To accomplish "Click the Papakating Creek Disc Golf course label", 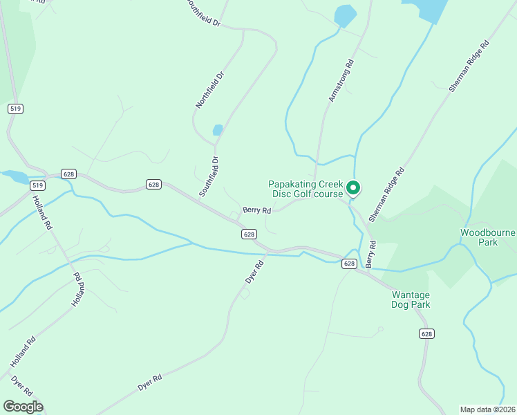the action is coord(305,189).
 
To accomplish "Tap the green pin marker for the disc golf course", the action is coord(352,188).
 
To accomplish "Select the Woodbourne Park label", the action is coord(488,238).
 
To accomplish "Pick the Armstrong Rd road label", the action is coord(341,81).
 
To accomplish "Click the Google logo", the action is coord(23,406).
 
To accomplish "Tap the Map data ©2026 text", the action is coord(487,409).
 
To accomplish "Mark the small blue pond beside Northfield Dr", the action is coord(218,130).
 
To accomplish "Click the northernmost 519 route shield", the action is coord(15,109).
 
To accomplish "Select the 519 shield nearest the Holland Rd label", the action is coord(37,185).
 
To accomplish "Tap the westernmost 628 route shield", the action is coord(68,174).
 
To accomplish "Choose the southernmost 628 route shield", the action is coord(426,333).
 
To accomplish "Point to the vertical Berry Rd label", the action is coord(372,255).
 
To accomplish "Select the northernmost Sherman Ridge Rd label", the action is coord(469,66).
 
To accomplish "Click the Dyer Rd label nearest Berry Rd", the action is coord(255,272).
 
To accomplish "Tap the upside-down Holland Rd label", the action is coord(77,290).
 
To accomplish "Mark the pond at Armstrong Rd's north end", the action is coord(344,15).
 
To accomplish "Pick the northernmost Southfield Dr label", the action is coord(203,13).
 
